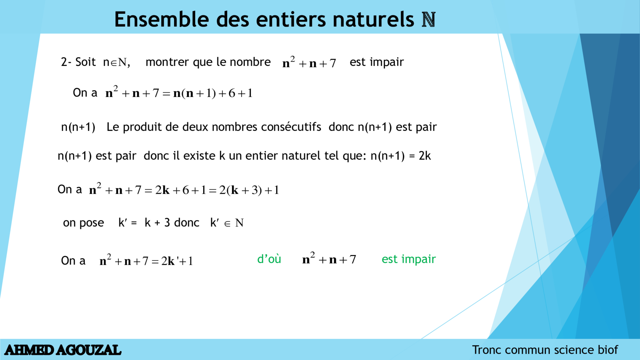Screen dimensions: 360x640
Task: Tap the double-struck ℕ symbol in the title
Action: coord(429,20)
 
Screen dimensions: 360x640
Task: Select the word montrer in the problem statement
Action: coord(168,62)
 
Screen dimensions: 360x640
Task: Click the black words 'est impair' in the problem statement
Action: coord(377,62)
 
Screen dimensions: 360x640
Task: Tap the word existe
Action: coord(199,156)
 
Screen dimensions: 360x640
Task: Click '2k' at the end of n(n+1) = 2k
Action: coord(425,156)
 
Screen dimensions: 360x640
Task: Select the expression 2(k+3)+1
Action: coord(249,190)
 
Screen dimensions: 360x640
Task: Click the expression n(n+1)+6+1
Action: coord(213,93)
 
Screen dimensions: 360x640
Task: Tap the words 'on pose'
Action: coord(83,223)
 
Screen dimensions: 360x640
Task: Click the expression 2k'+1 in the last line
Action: coord(177,261)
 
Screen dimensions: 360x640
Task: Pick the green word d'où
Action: coord(269,259)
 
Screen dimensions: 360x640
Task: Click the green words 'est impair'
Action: coord(408,259)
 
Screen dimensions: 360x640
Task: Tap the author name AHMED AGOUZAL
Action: coord(63,350)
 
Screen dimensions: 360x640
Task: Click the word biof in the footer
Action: coord(608,350)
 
